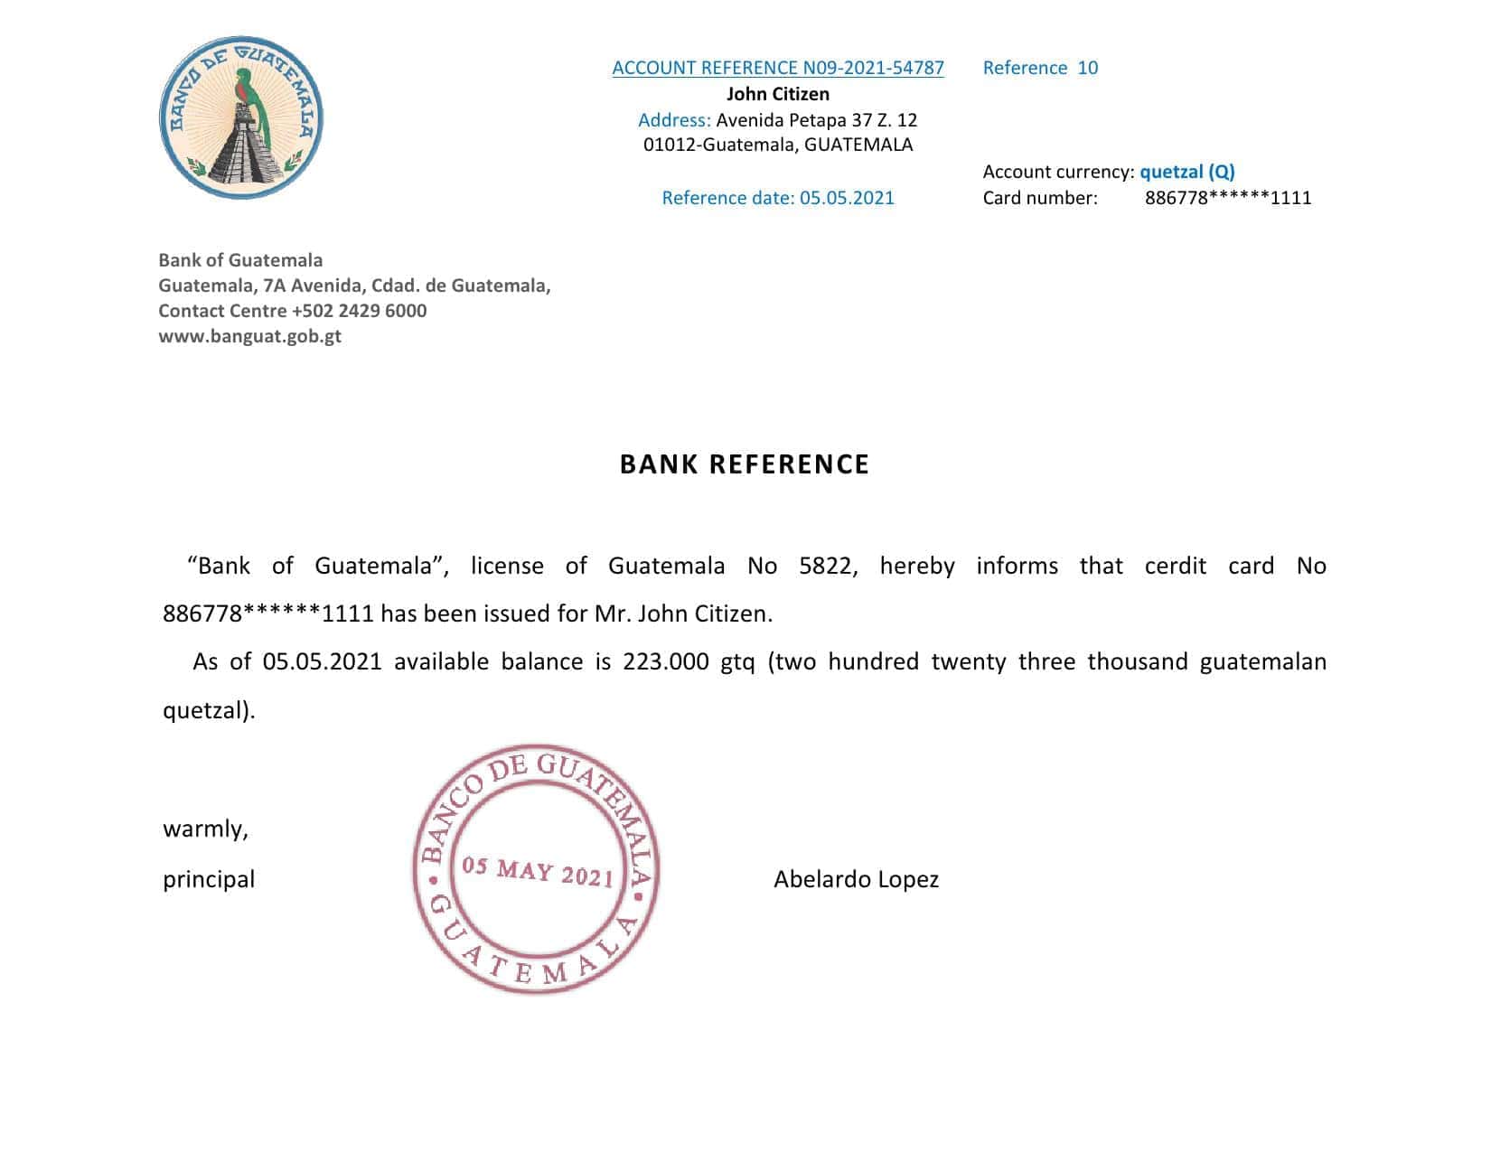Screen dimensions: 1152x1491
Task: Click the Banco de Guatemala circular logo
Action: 241,118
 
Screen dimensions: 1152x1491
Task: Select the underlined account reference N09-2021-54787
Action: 777,68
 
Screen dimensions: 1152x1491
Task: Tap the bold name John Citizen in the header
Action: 777,94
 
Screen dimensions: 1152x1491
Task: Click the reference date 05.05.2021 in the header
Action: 847,198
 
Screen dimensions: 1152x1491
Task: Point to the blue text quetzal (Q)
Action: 1186,172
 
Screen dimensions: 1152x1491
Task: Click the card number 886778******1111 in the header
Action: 1227,198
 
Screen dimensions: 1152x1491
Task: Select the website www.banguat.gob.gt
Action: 249,336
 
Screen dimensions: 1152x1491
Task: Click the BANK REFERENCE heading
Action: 744,464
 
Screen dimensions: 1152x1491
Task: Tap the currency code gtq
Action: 737,662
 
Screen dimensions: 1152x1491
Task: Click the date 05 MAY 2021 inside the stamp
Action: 538,872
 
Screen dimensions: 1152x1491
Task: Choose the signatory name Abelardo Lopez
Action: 856,879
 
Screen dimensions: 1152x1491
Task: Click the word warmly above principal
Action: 205,829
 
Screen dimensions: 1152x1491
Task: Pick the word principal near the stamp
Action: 209,879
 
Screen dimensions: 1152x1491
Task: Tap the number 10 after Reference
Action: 1087,68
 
